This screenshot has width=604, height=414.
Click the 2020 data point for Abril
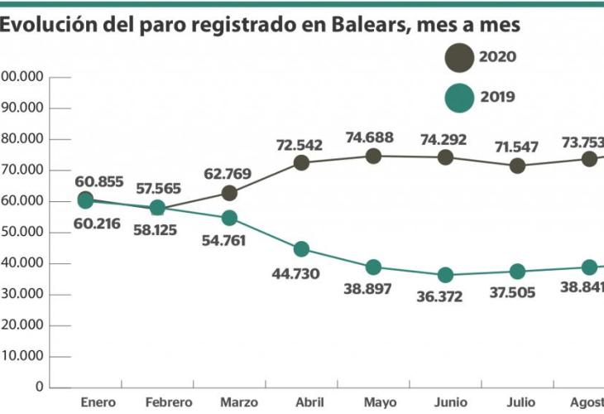[301, 163]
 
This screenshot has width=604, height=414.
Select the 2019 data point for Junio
[445, 275]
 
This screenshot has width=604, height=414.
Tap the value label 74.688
[370, 138]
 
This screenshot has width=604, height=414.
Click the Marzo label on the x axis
[239, 402]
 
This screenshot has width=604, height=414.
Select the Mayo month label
[380, 402]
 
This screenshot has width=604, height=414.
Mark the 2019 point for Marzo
[229, 219]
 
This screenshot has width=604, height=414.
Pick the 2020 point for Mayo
[373, 156]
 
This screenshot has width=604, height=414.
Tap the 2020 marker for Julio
[517, 166]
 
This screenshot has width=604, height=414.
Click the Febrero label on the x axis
[169, 402]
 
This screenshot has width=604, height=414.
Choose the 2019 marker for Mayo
[373, 267]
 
